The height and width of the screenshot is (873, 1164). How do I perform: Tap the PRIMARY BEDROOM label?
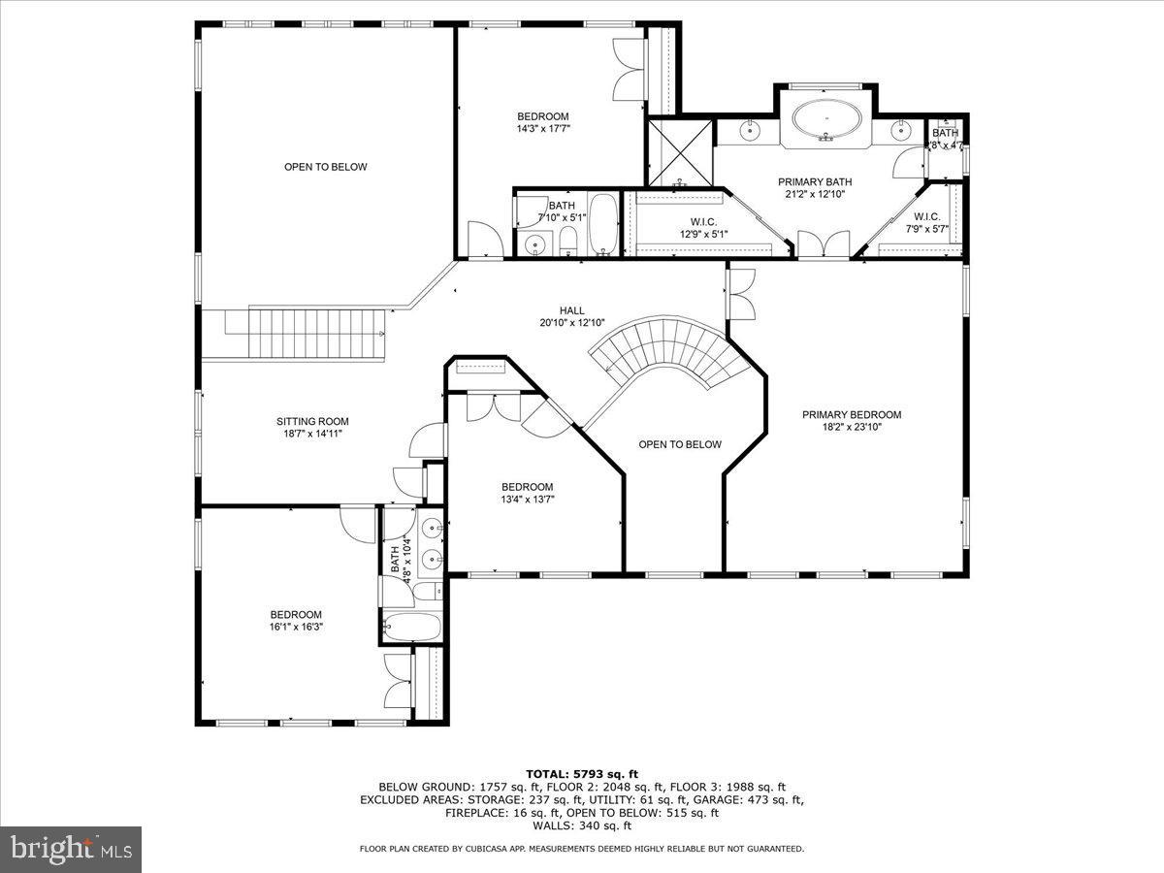pos(851,415)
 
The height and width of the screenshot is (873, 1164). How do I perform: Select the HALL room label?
pos(571,310)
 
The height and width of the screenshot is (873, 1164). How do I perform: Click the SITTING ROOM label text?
pos(312,422)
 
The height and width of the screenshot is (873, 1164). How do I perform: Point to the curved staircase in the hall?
pos(669,349)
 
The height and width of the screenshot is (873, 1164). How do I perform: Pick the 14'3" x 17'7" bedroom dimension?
pos(542,128)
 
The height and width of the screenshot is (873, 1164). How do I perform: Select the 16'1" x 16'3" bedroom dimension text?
pos(296,627)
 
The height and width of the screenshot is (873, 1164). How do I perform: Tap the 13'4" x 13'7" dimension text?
pos(527,500)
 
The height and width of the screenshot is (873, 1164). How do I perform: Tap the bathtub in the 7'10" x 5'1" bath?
pos(602,224)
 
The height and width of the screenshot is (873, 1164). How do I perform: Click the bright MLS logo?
pos(71,850)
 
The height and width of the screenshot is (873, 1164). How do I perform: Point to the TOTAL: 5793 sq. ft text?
pos(581,773)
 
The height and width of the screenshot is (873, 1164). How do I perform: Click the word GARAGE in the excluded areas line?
pos(730,800)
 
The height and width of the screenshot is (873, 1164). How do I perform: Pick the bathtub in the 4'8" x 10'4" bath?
pos(411,626)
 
